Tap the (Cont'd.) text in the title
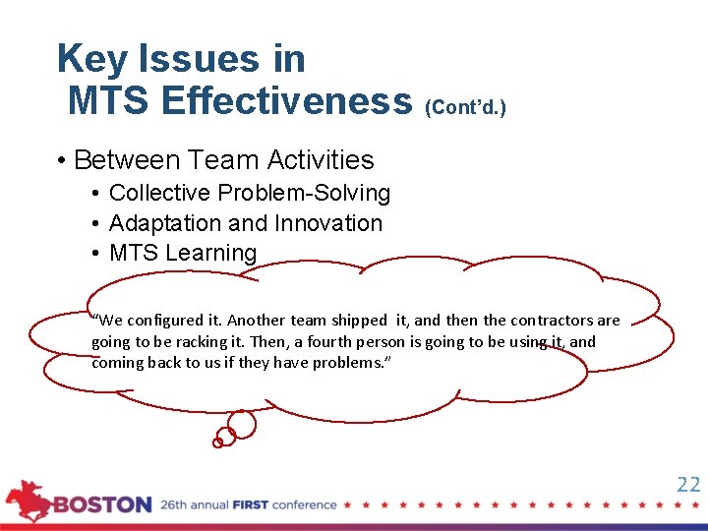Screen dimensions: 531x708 point(464,106)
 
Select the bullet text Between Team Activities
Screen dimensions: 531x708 point(223,160)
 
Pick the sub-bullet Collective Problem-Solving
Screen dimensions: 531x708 point(250,194)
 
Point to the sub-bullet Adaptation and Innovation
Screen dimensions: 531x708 point(246,223)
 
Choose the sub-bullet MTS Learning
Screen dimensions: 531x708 point(183,253)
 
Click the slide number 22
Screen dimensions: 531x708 point(688,484)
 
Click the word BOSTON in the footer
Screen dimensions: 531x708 point(103,505)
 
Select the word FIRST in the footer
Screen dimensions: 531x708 point(251,505)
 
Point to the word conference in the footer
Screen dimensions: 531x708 point(304,505)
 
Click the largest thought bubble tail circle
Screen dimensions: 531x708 point(241,425)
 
